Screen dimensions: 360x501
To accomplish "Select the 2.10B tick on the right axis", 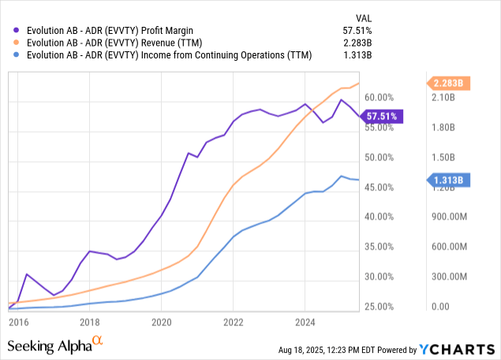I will (443, 97).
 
